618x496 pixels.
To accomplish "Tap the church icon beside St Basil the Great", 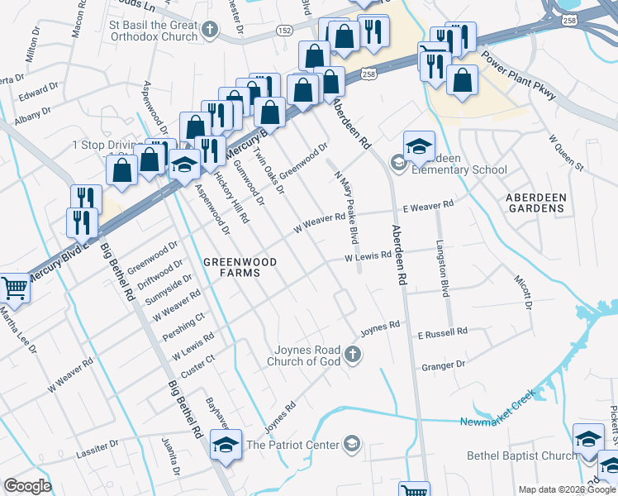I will coord(210,31).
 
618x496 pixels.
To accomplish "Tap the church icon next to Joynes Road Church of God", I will coord(353,355).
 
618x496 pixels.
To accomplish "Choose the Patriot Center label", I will coord(293,445).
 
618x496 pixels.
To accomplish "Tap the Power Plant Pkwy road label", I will coord(520,77).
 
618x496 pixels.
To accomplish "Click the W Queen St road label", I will coord(566,151).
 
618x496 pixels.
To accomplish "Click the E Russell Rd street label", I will coord(442,331).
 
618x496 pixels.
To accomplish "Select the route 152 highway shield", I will coord(284,31).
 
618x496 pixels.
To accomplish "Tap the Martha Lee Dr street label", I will coord(18,329).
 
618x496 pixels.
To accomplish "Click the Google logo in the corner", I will coord(27,485).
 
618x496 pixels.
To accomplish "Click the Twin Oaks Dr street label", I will coord(268,170).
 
